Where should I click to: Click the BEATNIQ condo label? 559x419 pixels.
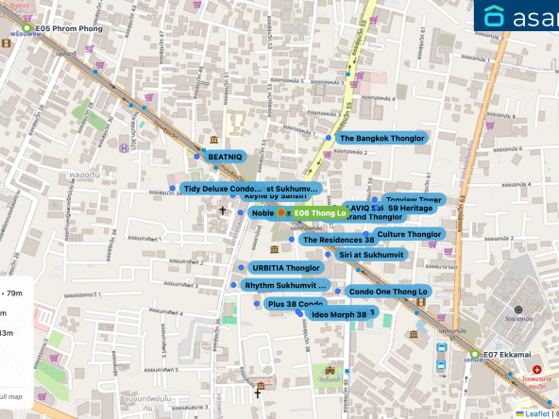coord(225,156)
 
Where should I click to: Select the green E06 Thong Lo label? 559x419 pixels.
coord(319,213)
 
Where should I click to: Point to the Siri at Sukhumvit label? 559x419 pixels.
coord(370,255)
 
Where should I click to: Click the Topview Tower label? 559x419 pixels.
coord(414,200)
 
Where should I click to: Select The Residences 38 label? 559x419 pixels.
coord(338,240)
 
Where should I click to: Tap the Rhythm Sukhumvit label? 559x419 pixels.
coord(284,285)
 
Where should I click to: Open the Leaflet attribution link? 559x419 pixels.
coord(536,413)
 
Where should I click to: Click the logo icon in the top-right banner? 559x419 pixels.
coord(495,16)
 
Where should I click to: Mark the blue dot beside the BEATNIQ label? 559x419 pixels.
coord(198,156)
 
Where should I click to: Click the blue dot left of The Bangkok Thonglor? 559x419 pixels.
coord(329,138)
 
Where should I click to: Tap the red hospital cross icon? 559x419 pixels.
coord(537,370)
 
